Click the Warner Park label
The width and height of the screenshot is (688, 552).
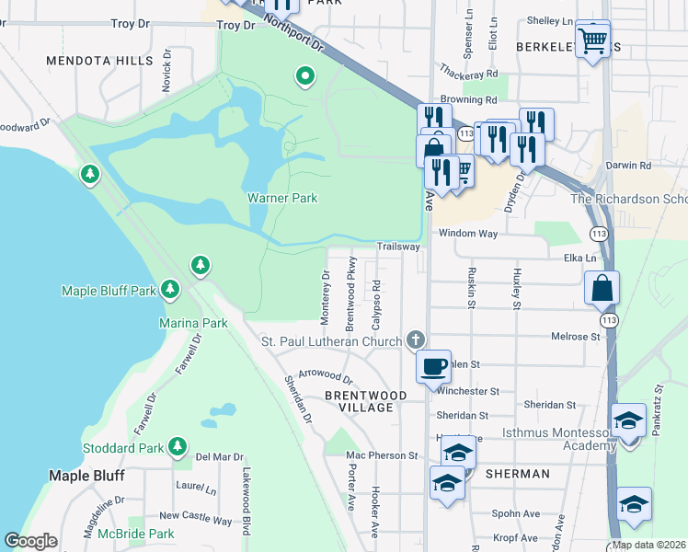pyautogui.click(x=281, y=198)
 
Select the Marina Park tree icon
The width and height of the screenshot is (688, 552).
pyautogui.click(x=201, y=266)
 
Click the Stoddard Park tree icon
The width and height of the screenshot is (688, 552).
pyautogui.click(x=178, y=448)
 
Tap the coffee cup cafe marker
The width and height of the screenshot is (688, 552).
pyautogui.click(x=433, y=366)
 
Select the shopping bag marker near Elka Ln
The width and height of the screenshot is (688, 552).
pyautogui.click(x=602, y=288)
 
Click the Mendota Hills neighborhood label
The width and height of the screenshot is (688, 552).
pyautogui.click(x=100, y=61)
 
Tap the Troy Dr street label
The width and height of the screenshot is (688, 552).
pyautogui.click(x=235, y=26)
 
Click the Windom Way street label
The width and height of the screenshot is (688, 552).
pyautogui.click(x=467, y=234)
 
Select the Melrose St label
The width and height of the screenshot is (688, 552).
pyautogui.click(x=575, y=338)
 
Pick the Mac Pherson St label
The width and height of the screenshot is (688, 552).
pyautogui.click(x=382, y=455)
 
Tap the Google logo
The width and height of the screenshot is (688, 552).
pyautogui.click(x=30, y=541)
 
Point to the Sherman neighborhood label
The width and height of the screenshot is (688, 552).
pyautogui.click(x=519, y=474)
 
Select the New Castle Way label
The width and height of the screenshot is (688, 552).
pyautogui.click(x=195, y=519)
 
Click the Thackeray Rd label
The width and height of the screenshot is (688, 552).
pyautogui.click(x=468, y=74)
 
